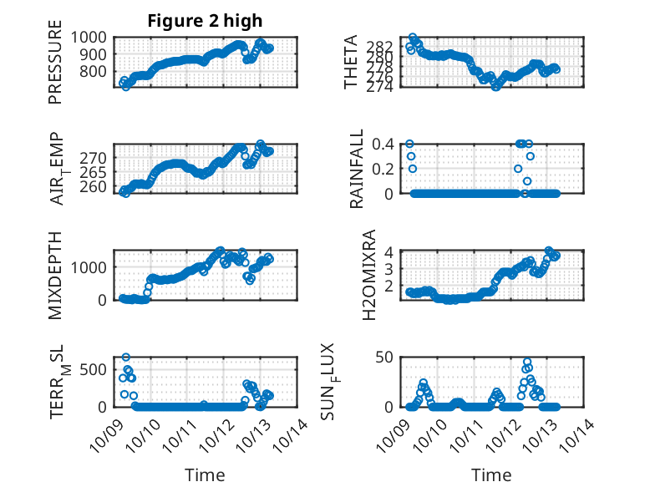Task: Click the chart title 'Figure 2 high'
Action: [205, 20]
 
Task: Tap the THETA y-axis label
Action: [351, 62]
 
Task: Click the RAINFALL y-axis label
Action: [357, 169]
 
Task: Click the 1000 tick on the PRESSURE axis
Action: [89, 37]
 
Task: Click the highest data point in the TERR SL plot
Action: [126, 358]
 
